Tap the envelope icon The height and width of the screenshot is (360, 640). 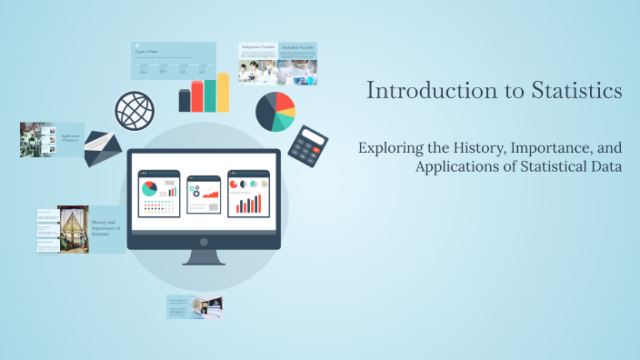[x=103, y=148]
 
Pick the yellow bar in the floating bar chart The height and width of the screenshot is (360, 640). [x=223, y=93]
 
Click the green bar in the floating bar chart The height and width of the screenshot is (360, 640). [x=210, y=95]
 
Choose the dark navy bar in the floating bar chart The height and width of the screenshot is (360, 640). [x=185, y=101]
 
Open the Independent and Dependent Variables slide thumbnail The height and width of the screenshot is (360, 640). [x=278, y=63]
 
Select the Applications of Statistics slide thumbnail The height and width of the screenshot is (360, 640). [x=52, y=140]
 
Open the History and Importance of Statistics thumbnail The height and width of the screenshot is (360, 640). [x=81, y=229]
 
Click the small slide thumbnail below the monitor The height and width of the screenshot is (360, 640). [x=195, y=307]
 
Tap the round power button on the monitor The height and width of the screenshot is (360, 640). [x=204, y=242]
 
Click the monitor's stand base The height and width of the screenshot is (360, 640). [x=204, y=260]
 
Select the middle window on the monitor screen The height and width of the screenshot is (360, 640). [x=203, y=194]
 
